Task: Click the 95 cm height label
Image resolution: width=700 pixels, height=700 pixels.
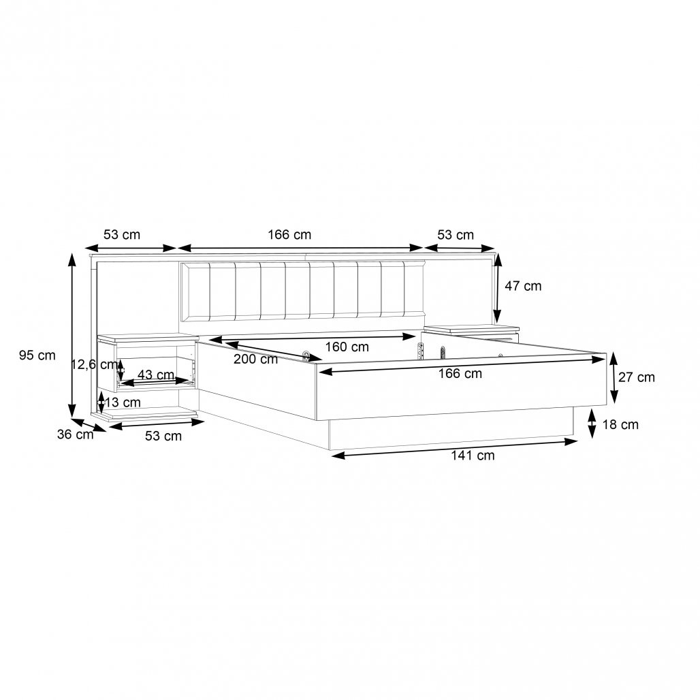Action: point(37,355)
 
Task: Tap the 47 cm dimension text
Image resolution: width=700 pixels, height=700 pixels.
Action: point(523,286)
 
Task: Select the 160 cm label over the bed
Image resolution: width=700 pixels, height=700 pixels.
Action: point(347,347)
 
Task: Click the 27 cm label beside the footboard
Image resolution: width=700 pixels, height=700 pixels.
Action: point(637,377)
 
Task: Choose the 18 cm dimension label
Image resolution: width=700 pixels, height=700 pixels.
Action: point(620,424)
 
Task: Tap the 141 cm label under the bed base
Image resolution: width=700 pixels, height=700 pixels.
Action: point(473,456)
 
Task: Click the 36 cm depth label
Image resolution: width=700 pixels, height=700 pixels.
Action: point(75,434)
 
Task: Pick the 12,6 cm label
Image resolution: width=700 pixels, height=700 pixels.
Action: point(94,364)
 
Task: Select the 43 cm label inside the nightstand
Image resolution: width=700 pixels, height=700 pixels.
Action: point(156,375)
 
